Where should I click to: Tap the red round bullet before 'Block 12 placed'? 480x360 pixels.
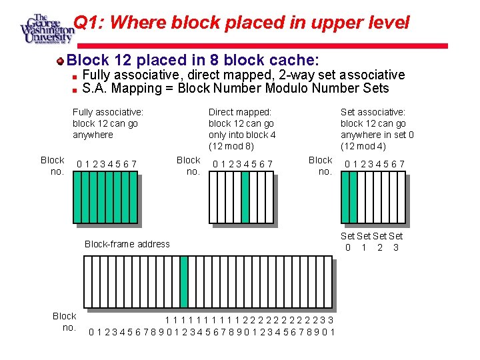[x=60, y=61]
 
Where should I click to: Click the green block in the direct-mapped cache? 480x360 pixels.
[x=245, y=191]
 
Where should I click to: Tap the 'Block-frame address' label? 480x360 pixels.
[x=127, y=244]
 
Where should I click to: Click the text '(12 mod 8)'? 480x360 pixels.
[x=231, y=146]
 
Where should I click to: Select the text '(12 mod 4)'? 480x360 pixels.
[x=363, y=146]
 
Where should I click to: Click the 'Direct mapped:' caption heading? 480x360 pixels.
[x=240, y=112]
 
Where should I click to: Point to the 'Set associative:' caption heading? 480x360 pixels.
[x=373, y=112]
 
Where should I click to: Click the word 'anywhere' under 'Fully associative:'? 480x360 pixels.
[x=93, y=135]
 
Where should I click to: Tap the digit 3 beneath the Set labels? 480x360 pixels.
[x=396, y=248]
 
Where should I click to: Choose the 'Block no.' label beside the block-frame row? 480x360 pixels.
[x=65, y=321]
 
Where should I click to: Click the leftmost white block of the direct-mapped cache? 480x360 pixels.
[x=213, y=191]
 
